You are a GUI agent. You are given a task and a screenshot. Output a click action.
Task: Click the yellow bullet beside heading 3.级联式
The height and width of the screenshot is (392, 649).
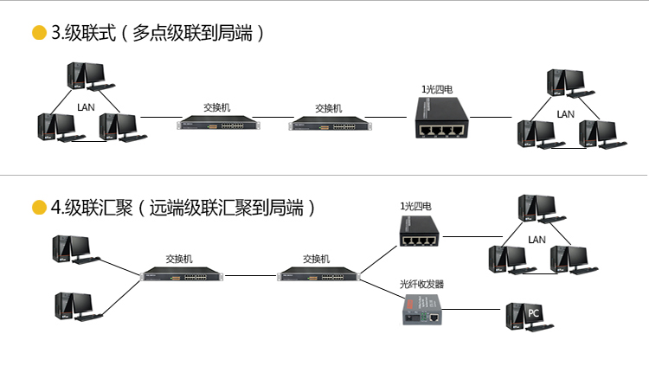[39, 34]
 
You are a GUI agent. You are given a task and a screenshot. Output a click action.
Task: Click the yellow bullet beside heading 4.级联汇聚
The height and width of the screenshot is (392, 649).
[39, 208]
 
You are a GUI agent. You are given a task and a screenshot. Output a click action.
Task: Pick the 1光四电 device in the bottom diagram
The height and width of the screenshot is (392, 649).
[420, 233]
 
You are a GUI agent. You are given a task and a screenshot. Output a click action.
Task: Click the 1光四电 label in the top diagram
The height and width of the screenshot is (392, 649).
[438, 88]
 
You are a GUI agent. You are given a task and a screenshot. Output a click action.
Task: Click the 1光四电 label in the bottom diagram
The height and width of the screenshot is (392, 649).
[415, 207]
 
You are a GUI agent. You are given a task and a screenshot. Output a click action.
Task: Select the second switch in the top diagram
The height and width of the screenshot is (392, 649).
[328, 124]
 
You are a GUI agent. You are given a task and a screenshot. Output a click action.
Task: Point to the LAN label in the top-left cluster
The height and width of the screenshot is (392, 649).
[86, 107]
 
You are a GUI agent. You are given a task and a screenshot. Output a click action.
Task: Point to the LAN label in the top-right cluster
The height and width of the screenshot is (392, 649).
[565, 114]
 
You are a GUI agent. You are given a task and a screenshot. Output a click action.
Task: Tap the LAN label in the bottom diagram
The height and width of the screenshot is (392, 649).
[537, 239]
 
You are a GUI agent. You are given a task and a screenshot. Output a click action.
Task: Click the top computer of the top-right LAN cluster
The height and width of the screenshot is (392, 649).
[567, 84]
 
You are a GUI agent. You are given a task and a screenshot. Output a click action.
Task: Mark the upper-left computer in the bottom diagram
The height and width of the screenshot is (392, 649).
[74, 250]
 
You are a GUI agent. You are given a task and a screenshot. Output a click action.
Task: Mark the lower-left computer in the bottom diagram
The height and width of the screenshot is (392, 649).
[74, 307]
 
